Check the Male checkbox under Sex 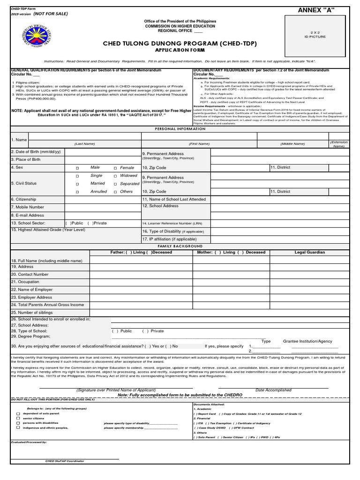point(78,168)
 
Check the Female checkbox point(115,168)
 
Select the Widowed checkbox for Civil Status point(115,176)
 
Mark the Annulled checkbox point(78,192)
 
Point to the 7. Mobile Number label point(28,207)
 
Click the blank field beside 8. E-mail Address point(103,215)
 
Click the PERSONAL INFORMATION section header point(180,128)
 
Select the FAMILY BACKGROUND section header point(180,246)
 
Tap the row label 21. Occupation point(25,282)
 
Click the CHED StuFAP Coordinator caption point(65,461)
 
